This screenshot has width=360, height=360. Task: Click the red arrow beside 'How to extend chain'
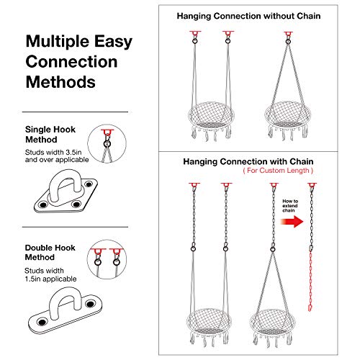(x=292, y=221)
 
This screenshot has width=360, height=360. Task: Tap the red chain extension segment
(x=310, y=281)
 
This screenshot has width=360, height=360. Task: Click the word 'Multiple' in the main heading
(x=58, y=42)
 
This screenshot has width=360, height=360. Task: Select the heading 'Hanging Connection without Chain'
(x=248, y=16)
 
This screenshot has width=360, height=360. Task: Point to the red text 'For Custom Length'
(x=278, y=171)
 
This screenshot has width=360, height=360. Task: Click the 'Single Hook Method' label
(x=50, y=135)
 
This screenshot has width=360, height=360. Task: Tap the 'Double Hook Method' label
(x=50, y=253)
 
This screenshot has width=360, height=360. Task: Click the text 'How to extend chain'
(x=290, y=206)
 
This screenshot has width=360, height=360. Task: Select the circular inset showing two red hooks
(x=107, y=259)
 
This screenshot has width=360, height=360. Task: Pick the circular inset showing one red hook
(x=107, y=144)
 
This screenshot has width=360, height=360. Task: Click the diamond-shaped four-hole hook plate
(x=66, y=192)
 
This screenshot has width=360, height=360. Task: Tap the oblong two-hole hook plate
(x=65, y=310)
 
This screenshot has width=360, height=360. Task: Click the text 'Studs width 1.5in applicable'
(x=50, y=274)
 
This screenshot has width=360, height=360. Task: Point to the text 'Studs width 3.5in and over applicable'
(x=57, y=156)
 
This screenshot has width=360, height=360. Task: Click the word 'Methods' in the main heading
(x=60, y=82)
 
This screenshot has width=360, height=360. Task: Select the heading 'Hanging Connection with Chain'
(x=248, y=161)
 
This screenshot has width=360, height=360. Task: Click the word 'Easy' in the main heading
(x=113, y=42)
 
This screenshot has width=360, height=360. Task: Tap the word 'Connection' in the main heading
(x=71, y=62)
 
